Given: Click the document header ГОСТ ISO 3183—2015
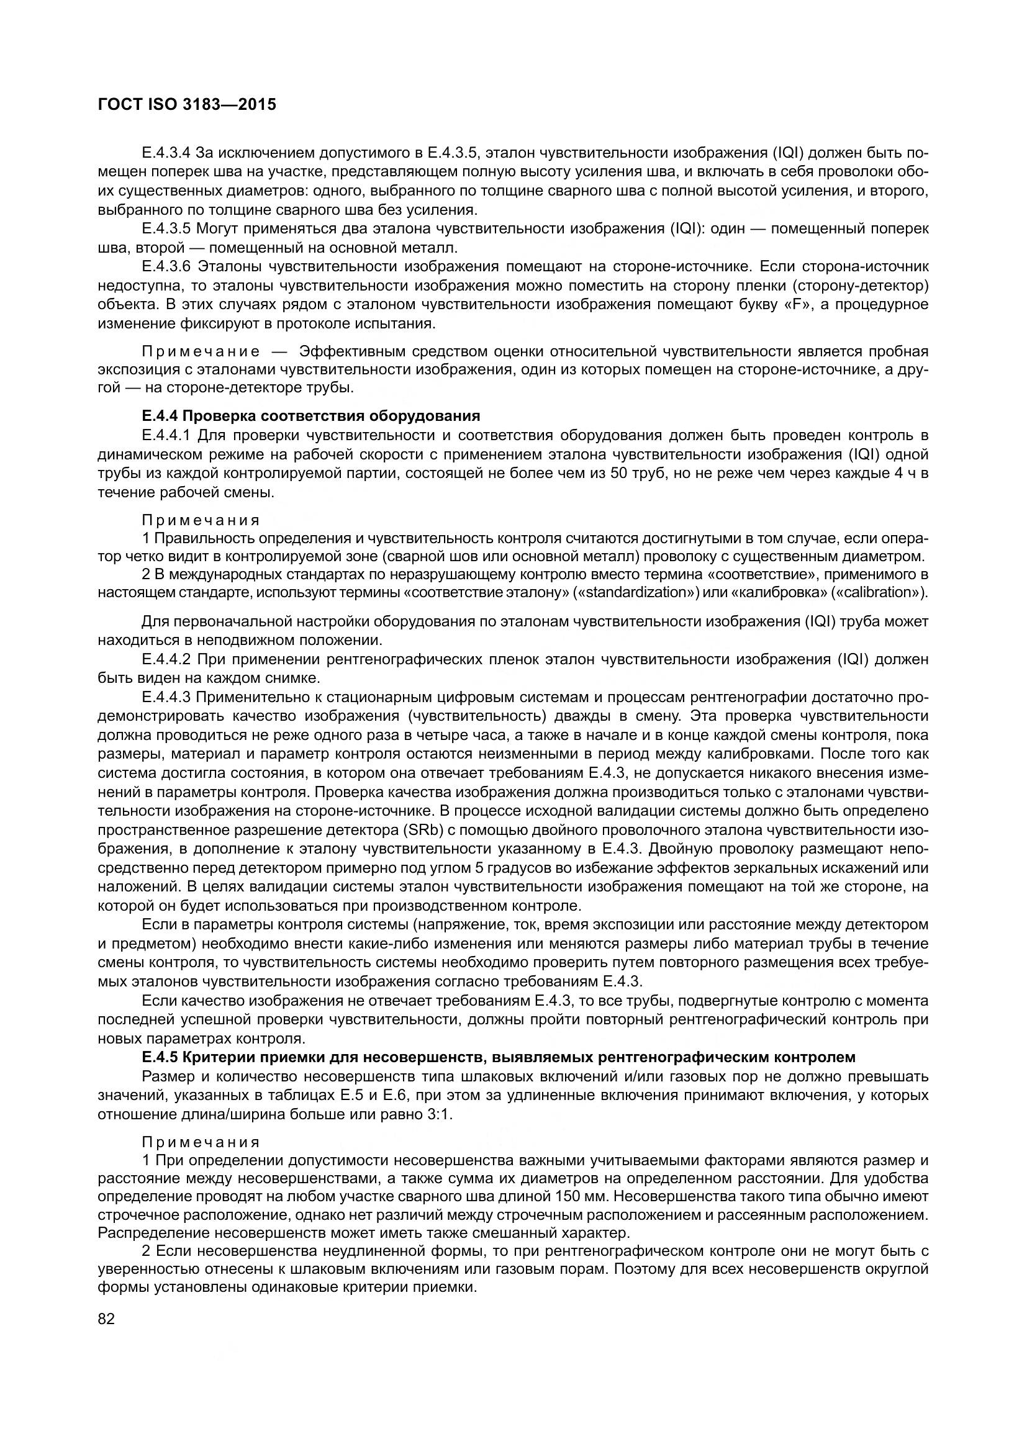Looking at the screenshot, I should point(187,105).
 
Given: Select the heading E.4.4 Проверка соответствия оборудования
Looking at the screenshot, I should point(310,415).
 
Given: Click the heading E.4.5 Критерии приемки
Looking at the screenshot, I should point(499,1057).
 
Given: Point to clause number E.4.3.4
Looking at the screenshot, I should point(166,153).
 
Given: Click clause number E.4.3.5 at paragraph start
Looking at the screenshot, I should point(166,228).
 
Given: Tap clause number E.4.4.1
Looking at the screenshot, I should point(166,435).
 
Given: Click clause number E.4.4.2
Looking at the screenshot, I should point(166,660).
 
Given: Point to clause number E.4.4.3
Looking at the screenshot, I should point(166,698).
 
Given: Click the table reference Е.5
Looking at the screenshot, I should point(358,1095).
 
